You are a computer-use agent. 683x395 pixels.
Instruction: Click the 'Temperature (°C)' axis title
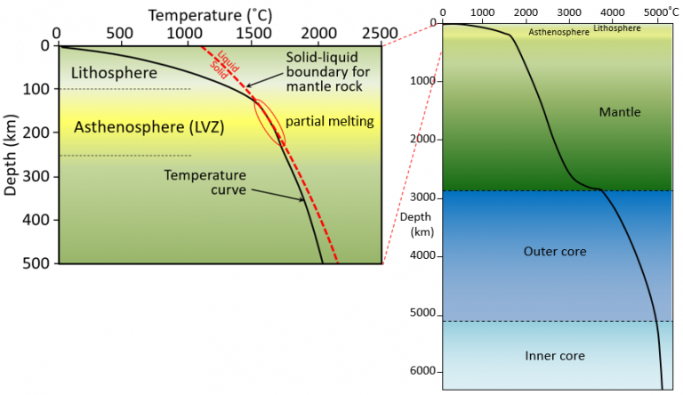point(217,14)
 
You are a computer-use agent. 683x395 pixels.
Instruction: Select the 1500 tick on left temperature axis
point(252,34)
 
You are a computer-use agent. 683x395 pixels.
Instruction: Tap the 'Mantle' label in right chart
point(620,112)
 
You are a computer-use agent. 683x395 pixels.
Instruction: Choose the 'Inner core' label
point(555,356)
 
